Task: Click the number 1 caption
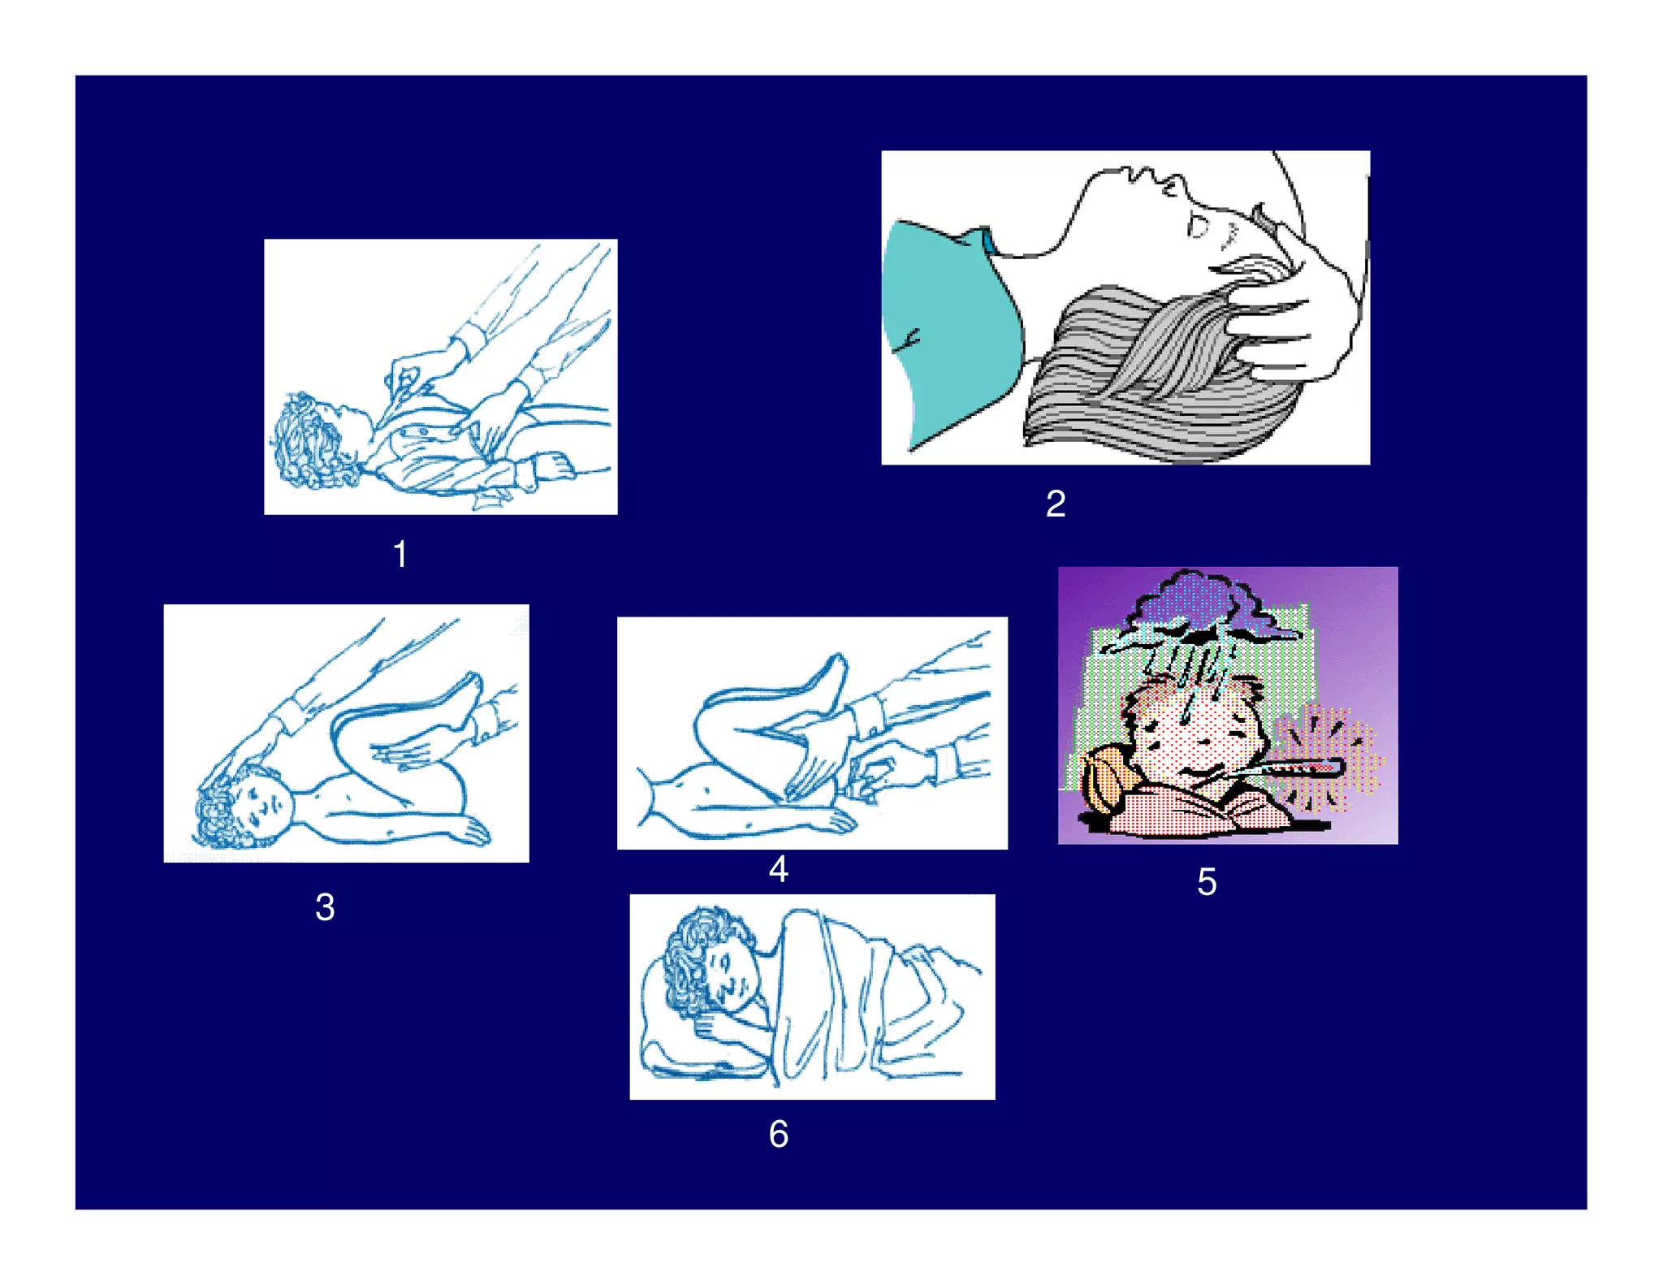[400, 554]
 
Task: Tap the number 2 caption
[1055, 504]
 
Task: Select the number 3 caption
[325, 907]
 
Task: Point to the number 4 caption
[778, 868]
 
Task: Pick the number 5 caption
[1207, 881]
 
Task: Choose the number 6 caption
[778, 1134]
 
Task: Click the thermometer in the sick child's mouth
[1275, 768]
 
